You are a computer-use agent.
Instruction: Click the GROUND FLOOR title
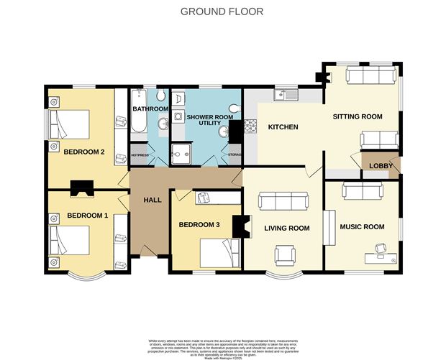pos(222,11)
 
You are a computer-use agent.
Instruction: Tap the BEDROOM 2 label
pos(85,152)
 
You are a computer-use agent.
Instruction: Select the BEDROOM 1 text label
pos(88,216)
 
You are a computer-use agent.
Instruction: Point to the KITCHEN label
pos(283,127)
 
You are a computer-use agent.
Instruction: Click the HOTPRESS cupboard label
pos(140,154)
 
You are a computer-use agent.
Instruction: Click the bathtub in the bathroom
pos(139,114)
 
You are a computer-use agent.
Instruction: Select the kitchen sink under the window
pos(286,93)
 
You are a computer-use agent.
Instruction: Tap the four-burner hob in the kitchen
pos(252,127)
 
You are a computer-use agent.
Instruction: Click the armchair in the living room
pos(286,254)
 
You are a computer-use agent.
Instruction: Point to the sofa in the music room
pos(361,190)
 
